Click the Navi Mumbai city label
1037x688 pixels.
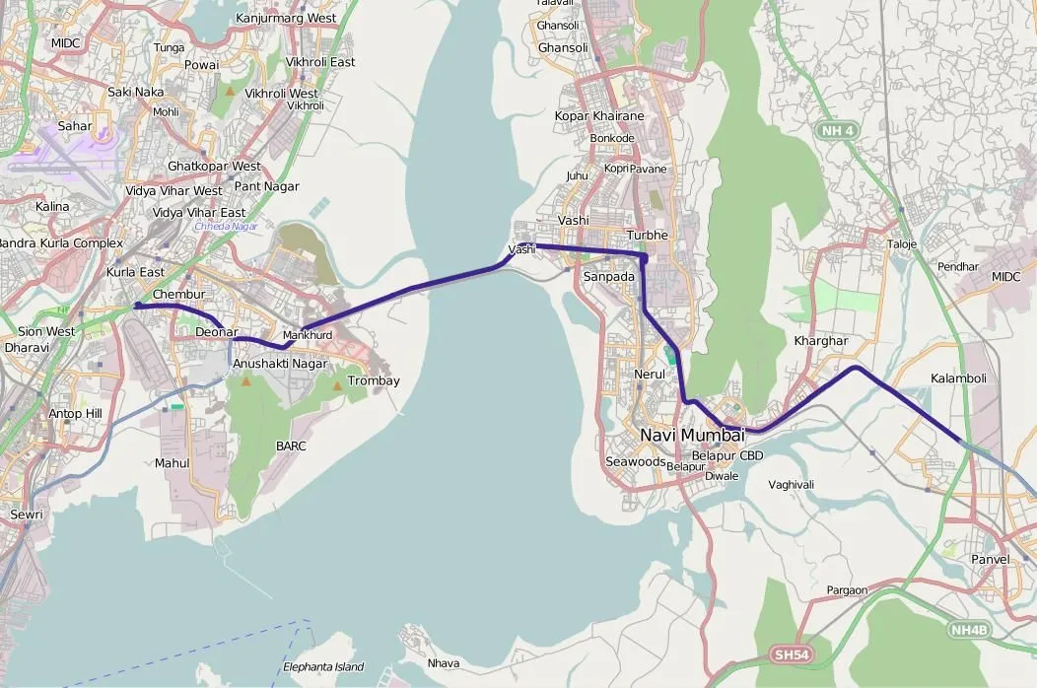[692, 436]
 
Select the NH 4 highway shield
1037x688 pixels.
[837, 129]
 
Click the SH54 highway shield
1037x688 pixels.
[791, 654]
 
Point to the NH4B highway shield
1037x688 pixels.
[970, 628]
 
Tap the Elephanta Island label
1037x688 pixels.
[323, 667]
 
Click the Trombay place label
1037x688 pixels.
[374, 380]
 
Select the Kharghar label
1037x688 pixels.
[820, 341]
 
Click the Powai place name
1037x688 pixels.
[201, 65]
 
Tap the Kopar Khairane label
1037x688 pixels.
[599, 116]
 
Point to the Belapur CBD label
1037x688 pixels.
[727, 455]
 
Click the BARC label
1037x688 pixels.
[291, 447]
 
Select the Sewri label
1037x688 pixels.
[27, 515]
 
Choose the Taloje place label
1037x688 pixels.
[902, 244]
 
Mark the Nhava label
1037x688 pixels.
[444, 663]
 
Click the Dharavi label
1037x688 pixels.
[27, 348]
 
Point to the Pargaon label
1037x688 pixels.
[848, 590]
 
